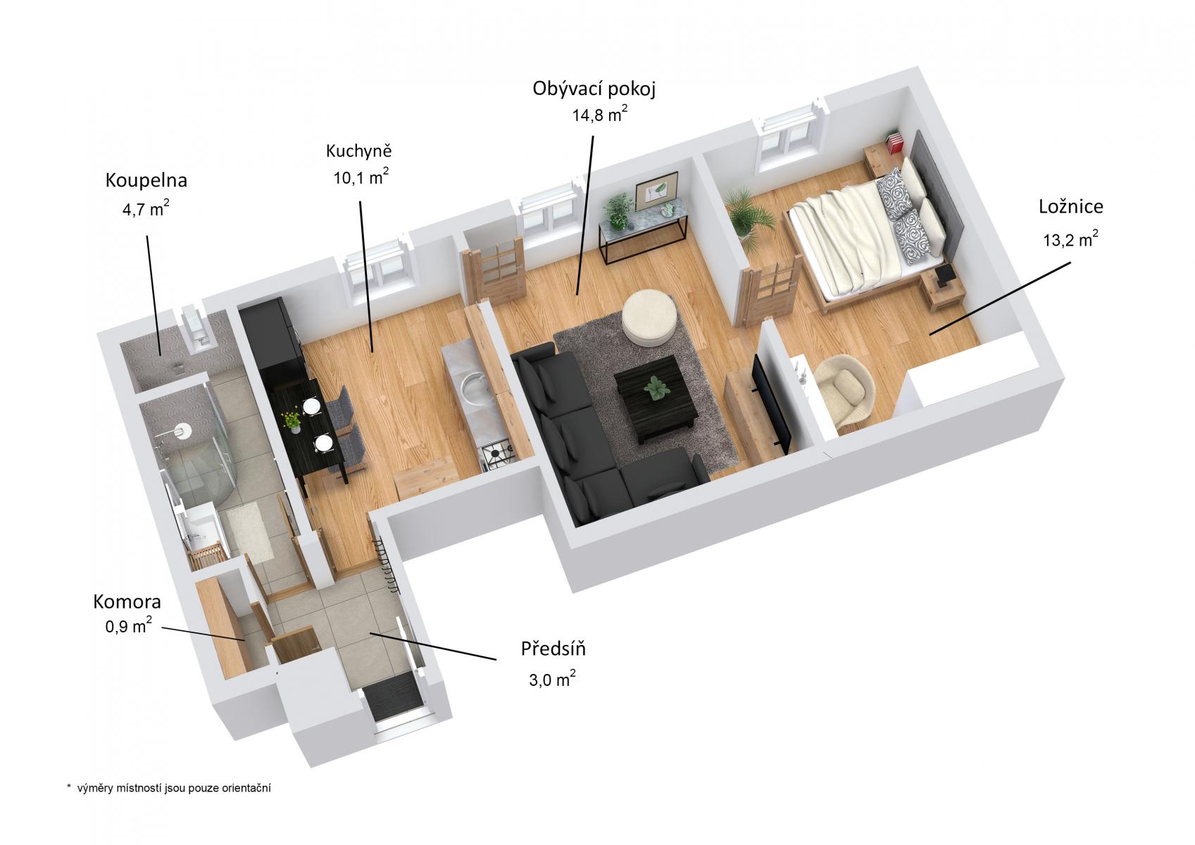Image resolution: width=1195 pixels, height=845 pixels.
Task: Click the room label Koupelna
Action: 146,180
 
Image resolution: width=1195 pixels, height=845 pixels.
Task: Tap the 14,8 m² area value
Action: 600,113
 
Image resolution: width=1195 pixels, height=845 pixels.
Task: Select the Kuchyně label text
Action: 359,151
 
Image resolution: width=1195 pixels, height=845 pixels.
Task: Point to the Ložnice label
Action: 1070,207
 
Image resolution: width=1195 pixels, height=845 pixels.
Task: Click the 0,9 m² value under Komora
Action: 129,625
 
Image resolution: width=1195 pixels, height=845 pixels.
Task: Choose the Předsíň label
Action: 553,649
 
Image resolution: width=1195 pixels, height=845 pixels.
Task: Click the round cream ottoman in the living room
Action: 651,318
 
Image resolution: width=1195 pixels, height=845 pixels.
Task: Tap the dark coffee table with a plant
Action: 656,397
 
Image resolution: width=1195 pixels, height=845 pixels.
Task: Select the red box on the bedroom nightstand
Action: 894,143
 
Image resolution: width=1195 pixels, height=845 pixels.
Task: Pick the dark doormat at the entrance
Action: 392,698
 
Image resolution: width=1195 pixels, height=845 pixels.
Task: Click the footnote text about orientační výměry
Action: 168,788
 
